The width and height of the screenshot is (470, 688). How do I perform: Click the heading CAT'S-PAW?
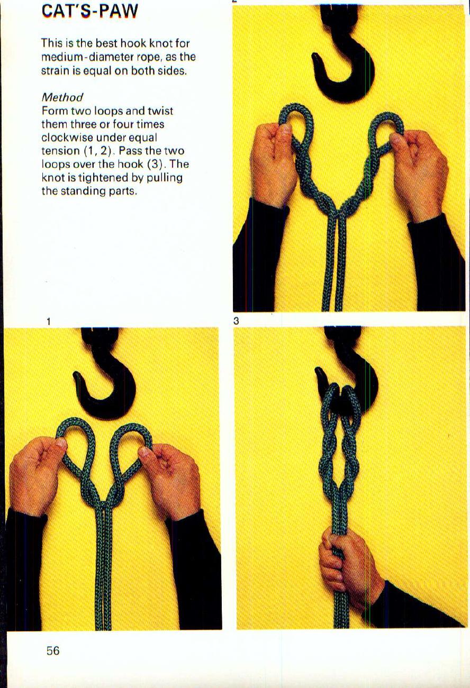click(x=89, y=10)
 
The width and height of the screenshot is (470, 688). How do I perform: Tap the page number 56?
click(x=53, y=651)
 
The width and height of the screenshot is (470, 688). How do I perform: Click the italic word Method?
click(x=62, y=97)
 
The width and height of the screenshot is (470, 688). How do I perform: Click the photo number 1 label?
click(x=48, y=321)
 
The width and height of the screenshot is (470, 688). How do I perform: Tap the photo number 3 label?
click(x=236, y=321)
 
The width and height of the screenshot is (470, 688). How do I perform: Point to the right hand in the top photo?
click(x=421, y=169)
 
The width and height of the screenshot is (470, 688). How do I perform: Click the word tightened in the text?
click(x=91, y=177)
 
